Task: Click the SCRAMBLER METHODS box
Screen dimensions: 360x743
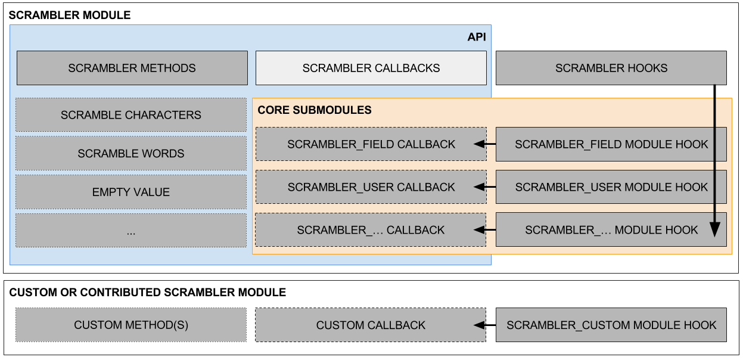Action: (x=132, y=68)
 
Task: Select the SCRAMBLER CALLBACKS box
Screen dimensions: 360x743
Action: (x=371, y=68)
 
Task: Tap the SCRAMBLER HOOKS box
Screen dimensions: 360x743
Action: (x=611, y=68)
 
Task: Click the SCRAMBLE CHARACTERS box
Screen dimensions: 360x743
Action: (x=131, y=115)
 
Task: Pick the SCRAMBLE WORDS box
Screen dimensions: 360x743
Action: (x=131, y=153)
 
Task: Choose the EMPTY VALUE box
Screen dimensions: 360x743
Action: (x=131, y=192)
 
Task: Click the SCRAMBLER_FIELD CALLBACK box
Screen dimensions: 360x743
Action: (x=371, y=144)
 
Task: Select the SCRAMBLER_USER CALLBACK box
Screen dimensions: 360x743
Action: (x=371, y=187)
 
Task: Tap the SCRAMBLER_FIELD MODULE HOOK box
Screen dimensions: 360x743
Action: (x=611, y=144)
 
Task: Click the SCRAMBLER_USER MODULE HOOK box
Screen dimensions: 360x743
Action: (x=611, y=187)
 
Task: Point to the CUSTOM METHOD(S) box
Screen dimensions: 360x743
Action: (x=131, y=325)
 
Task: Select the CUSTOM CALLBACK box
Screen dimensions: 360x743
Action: (x=371, y=325)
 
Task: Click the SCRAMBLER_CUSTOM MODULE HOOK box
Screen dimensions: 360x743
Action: (x=611, y=325)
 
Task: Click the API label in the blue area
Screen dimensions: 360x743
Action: (x=477, y=37)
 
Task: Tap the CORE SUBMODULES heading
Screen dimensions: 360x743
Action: (x=315, y=110)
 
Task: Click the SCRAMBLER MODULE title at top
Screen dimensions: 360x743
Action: (x=70, y=15)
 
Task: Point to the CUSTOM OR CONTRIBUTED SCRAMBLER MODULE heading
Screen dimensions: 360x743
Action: (x=148, y=293)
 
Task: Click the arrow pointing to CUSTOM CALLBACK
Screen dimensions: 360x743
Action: (x=485, y=325)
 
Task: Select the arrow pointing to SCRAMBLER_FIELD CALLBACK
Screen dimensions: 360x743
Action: (x=485, y=144)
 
